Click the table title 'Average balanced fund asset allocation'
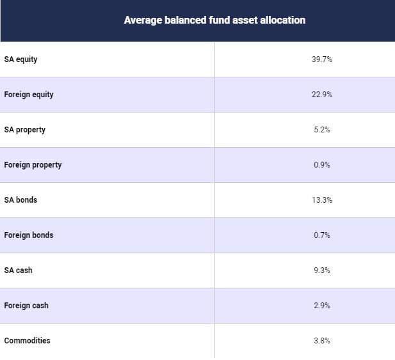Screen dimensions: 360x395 click(214, 20)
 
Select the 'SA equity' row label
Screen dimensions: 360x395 click(20, 59)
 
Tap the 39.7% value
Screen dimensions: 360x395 click(322, 59)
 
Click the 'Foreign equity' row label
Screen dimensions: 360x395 click(29, 95)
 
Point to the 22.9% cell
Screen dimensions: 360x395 click(322, 95)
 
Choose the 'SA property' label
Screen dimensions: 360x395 click(25, 130)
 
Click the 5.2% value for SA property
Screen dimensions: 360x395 click(322, 130)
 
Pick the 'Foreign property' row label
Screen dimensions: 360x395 click(33, 165)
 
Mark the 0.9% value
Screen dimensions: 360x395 click(322, 165)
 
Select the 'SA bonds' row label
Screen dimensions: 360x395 click(20, 200)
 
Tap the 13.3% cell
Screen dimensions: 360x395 click(322, 200)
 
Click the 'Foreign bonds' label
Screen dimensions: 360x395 click(29, 235)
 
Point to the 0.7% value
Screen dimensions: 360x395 click(322, 235)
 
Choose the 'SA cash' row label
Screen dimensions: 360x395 click(18, 270)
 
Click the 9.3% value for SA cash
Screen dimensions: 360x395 click(322, 270)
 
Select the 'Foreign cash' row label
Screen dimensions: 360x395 click(26, 306)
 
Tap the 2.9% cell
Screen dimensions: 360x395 click(322, 306)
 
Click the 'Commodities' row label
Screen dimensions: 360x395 click(27, 341)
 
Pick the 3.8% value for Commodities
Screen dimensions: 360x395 click(322, 341)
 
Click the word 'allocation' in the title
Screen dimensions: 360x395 click(283, 20)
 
